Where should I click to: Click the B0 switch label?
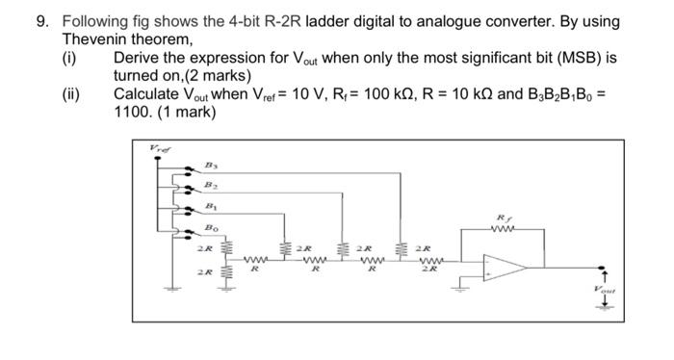208,227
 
